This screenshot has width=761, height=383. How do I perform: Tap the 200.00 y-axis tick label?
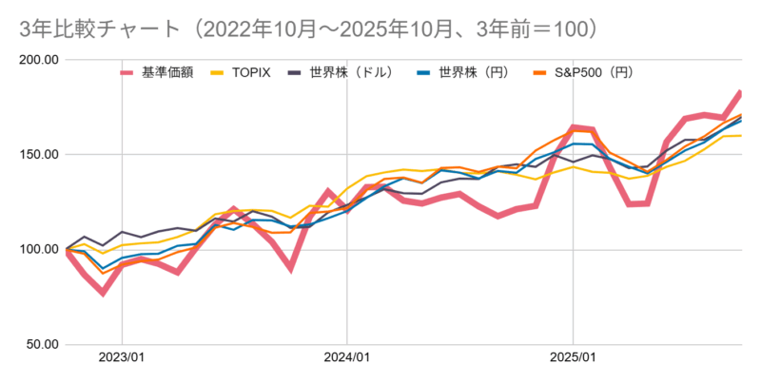pyautogui.click(x=38, y=60)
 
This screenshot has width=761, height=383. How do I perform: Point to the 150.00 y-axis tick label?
pyautogui.click(x=38, y=155)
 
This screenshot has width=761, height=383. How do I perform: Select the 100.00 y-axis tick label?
pyautogui.click(x=38, y=250)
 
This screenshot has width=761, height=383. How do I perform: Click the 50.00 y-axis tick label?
pyautogui.click(x=41, y=344)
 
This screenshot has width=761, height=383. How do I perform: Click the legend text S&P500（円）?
pyautogui.click(x=595, y=71)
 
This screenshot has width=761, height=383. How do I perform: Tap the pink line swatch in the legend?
pyautogui.click(x=128, y=71)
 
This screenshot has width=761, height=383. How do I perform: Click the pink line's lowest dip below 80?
pyautogui.click(x=103, y=292)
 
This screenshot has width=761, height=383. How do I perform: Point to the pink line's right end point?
pyautogui.click(x=740, y=93)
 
